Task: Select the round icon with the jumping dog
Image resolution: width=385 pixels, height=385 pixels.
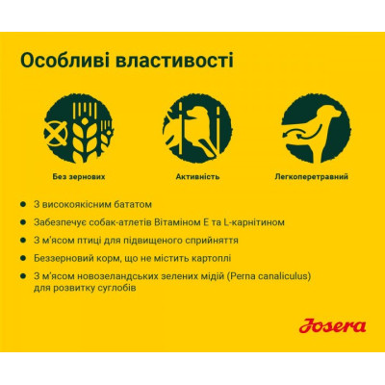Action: pos(191,128)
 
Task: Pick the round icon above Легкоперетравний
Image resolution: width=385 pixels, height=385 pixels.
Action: pos(310,128)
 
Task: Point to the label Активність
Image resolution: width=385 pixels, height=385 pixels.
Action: pos(191,177)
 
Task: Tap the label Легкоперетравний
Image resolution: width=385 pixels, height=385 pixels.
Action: pos(310,177)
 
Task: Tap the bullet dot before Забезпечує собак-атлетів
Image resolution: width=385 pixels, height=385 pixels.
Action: pos(35,222)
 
